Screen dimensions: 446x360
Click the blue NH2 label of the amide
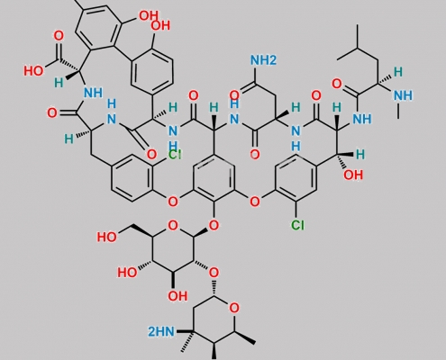tap(263, 60)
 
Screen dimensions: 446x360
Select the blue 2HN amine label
tap(161, 332)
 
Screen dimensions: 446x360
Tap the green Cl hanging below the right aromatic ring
tap(297, 225)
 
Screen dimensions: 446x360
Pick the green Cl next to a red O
tap(174, 155)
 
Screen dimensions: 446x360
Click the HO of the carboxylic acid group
tap(33, 71)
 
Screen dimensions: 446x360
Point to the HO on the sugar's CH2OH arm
tap(106, 237)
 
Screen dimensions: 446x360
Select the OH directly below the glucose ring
tap(177, 296)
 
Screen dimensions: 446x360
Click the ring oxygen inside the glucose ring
tap(173, 226)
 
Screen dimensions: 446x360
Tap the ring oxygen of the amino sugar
tap(234, 308)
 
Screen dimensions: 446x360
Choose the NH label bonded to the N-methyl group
tap(403, 95)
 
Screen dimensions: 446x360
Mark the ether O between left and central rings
tap(173, 201)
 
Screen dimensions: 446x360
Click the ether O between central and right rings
tap(255, 202)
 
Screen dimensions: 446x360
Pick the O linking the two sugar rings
tap(214, 273)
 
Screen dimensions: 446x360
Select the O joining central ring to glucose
tap(214, 225)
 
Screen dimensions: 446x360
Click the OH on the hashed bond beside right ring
tap(353, 175)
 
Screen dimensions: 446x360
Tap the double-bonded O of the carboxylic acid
tap(59, 36)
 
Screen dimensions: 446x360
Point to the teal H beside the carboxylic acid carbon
tap(59, 83)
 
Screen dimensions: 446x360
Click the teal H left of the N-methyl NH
tap(398, 72)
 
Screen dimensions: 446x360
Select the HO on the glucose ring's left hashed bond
tap(127, 273)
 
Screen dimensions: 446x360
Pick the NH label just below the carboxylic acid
tap(93, 93)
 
